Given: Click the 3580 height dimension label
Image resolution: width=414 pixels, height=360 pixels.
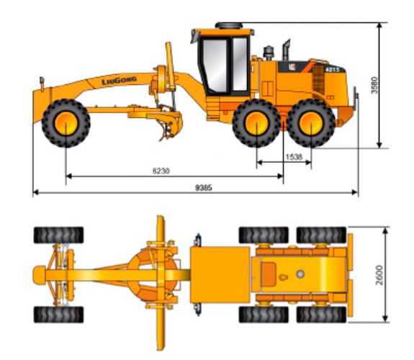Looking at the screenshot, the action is click(374, 85).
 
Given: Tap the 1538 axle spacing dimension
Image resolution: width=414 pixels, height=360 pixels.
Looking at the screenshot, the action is click(294, 157).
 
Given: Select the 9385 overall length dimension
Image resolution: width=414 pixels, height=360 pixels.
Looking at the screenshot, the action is click(204, 187).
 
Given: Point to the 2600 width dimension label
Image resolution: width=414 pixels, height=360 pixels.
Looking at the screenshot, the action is click(379, 275).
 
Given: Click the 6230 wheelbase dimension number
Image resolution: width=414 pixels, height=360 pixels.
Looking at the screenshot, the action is click(161, 171).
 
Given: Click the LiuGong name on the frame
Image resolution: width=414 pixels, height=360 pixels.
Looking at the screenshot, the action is click(119, 81).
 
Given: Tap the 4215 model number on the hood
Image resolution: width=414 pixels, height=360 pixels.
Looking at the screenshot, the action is click(333, 70).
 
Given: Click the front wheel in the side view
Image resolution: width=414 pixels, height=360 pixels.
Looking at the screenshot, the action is click(66, 123).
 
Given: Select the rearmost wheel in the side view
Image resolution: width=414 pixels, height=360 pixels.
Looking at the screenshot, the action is click(311, 123).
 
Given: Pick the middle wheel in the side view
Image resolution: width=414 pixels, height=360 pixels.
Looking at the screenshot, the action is click(256, 123).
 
